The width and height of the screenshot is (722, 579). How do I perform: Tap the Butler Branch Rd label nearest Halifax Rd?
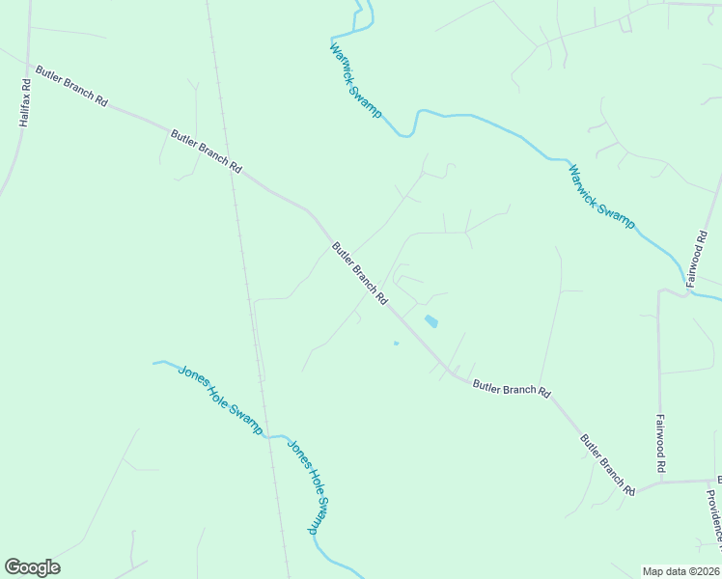71,87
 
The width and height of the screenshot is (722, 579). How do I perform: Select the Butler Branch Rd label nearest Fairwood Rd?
607,464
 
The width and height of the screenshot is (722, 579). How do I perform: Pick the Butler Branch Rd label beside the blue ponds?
359,273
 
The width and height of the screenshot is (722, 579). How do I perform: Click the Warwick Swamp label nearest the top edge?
356,80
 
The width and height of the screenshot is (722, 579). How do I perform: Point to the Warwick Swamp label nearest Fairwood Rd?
601,196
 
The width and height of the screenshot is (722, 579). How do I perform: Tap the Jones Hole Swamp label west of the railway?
220,400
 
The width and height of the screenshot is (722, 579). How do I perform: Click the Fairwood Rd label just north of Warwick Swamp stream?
698,259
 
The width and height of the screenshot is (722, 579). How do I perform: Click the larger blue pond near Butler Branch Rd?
431,320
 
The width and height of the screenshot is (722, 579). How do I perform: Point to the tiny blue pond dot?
396,343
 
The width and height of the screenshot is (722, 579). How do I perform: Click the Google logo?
32,566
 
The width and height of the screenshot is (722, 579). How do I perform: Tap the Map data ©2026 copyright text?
680,571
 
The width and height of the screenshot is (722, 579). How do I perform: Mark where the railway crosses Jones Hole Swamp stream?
266,436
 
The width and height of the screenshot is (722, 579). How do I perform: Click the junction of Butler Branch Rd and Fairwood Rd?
660,481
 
